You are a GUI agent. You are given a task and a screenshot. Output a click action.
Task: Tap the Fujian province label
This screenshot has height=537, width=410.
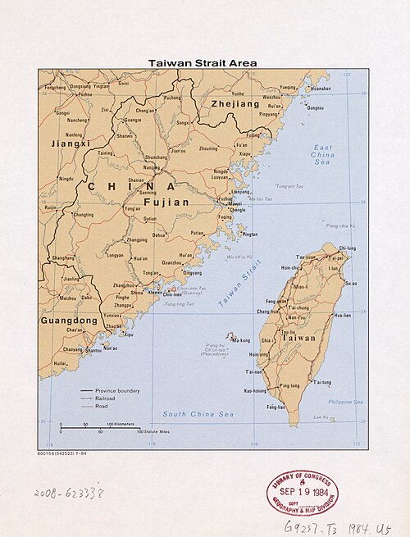pos(166,201)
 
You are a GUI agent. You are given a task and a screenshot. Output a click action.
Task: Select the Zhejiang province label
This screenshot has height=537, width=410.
pos(235,105)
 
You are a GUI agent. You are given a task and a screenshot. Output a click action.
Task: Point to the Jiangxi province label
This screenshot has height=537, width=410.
pos(68,143)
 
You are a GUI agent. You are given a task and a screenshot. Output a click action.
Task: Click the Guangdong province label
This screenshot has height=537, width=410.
pos(70,320)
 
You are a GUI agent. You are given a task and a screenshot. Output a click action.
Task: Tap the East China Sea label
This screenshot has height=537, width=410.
pos(323,155)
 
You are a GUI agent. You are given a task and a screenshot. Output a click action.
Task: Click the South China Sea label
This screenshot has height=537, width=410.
pos(198,414)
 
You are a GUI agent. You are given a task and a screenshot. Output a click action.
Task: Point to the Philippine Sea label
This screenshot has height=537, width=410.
pos(347,402)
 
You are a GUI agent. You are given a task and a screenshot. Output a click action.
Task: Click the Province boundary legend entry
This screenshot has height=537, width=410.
pos(117,390)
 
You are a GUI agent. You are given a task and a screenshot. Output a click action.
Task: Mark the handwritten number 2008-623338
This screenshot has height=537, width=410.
pos(70,494)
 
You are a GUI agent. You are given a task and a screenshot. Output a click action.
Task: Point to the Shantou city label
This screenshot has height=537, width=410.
pos(94,350)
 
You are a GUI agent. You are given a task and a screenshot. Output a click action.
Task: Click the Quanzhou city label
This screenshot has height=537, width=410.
pos(173,262)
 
